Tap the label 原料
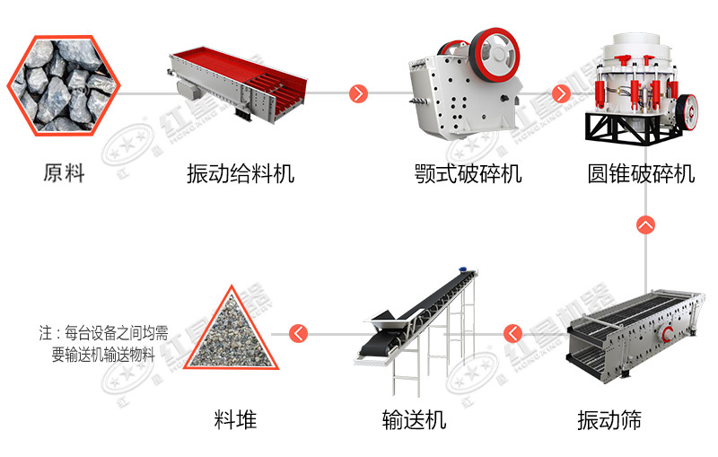(64, 173)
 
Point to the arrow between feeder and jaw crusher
(359, 93)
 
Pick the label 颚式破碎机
(468, 173)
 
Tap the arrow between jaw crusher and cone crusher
(563, 93)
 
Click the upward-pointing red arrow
(644, 224)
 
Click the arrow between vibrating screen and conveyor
(513, 334)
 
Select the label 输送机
(414, 419)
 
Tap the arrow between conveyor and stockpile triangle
(298, 334)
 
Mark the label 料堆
(235, 419)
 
